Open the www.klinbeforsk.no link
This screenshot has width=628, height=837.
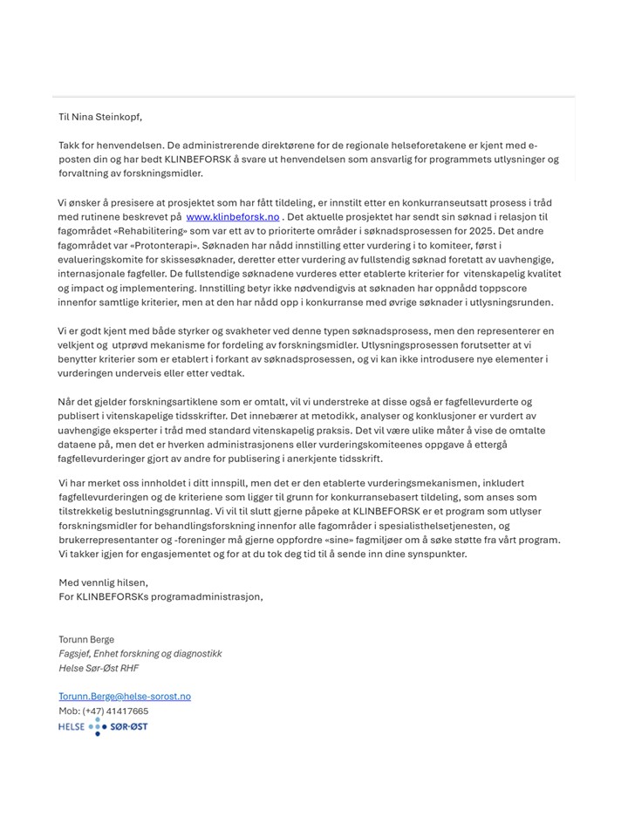(232, 215)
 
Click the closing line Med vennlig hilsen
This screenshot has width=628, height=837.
(103, 582)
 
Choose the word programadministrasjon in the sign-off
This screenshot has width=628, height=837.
(206, 596)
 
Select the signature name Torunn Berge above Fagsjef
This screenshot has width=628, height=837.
(86, 639)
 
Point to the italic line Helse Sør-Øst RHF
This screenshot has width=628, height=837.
(98, 668)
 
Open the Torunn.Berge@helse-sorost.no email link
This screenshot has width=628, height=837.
(125, 697)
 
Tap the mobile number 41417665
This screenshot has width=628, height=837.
(128, 711)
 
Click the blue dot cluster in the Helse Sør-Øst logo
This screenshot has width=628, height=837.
(97, 727)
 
